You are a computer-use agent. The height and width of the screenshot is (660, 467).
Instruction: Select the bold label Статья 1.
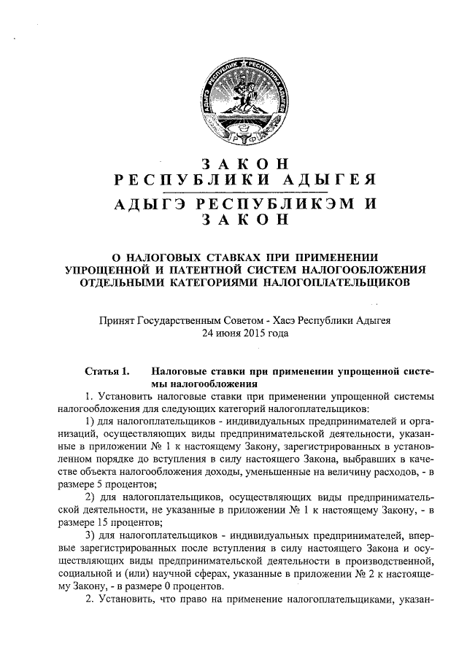coord(107,370)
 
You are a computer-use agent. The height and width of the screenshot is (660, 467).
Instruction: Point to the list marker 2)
coord(91,497)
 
